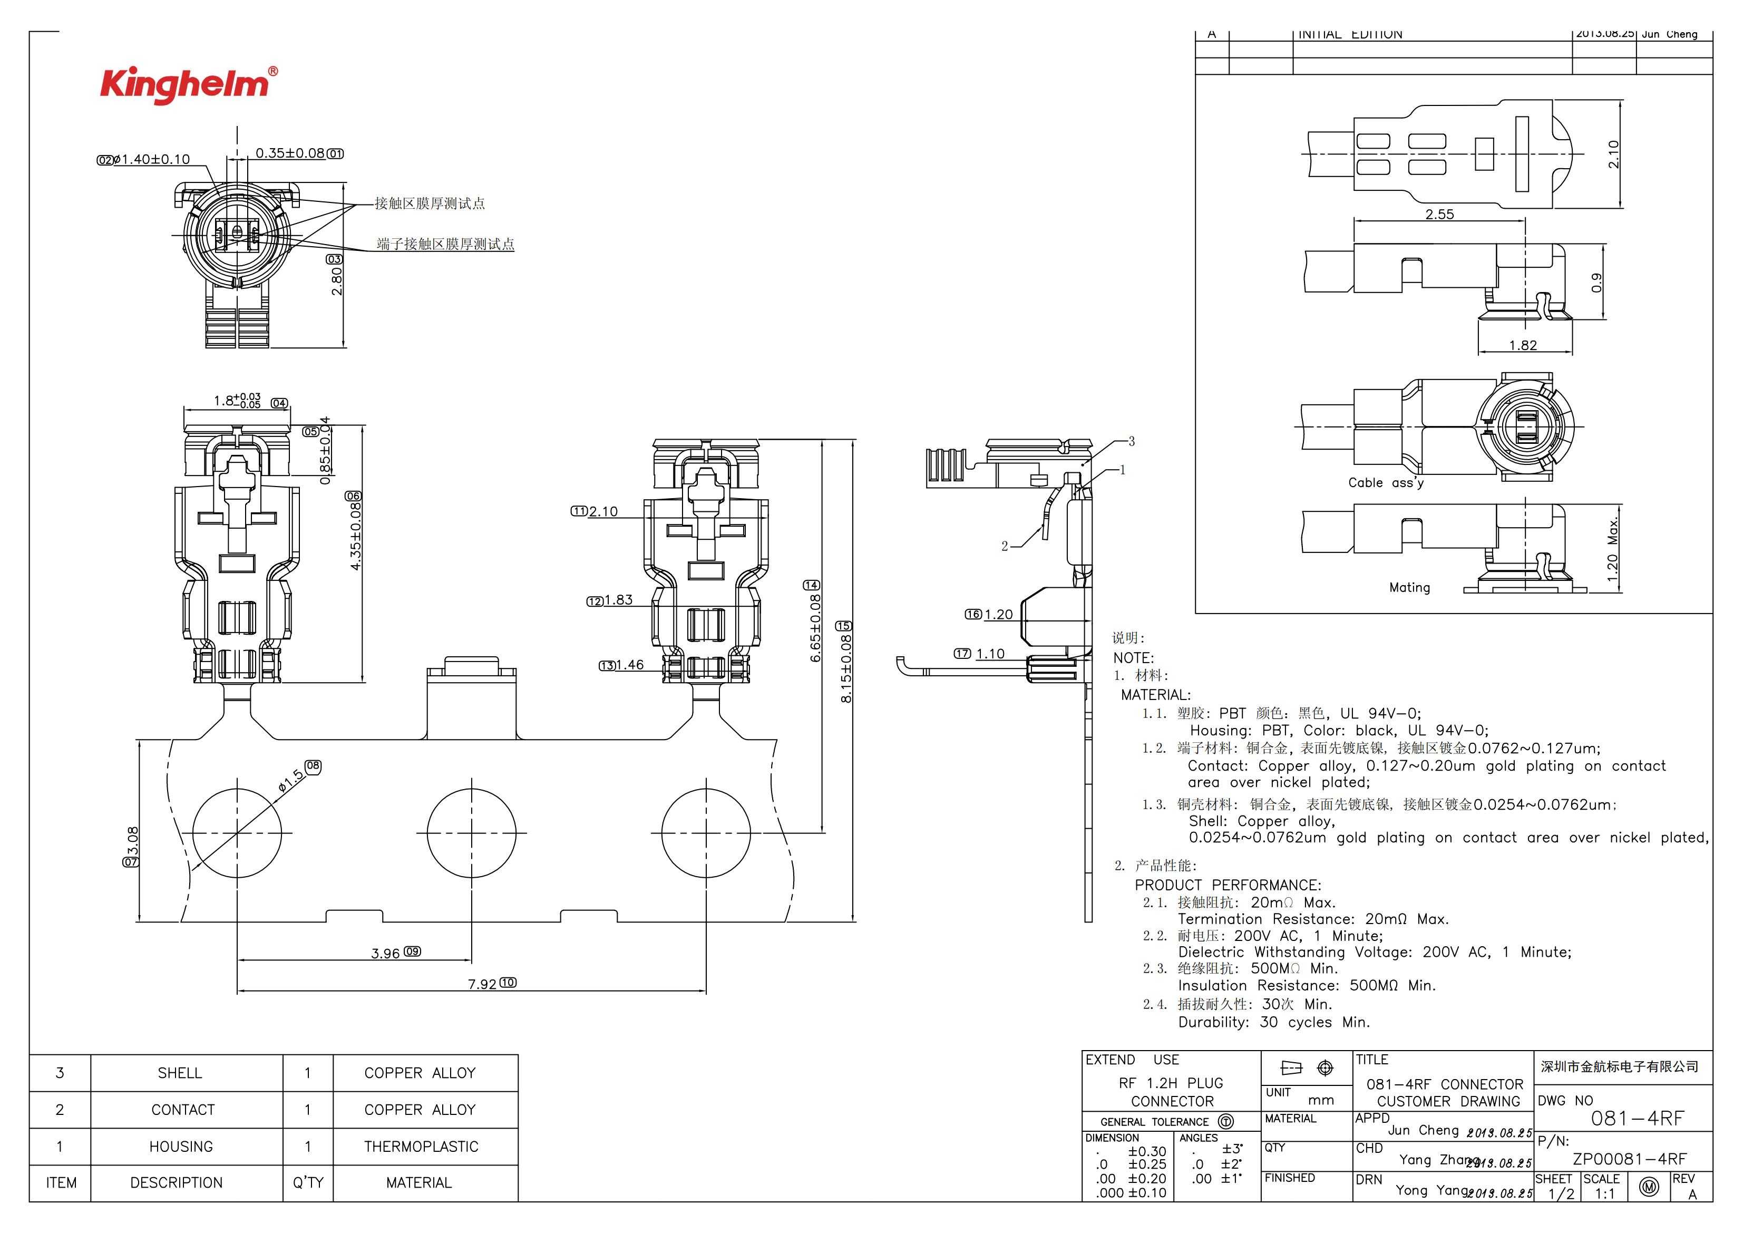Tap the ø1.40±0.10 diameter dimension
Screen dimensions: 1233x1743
(151, 159)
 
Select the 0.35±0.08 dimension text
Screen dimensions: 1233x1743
(290, 153)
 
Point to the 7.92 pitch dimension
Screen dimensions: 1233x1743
(482, 984)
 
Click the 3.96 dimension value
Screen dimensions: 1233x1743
(386, 953)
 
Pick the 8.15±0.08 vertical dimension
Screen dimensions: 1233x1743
(846, 668)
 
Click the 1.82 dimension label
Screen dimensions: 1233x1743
(1523, 345)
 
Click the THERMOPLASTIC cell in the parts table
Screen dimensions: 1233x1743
(421, 1147)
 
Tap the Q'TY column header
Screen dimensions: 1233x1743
(308, 1183)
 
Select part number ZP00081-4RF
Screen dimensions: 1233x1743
(1629, 1159)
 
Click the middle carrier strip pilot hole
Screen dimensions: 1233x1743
(471, 833)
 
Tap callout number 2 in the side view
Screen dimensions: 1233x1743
(1005, 546)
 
